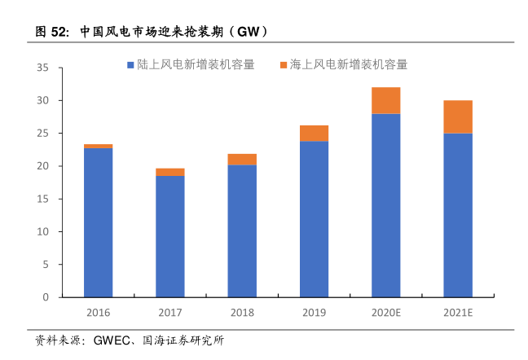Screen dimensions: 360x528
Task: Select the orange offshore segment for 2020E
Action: pos(385,100)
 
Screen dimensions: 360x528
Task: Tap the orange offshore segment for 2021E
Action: pos(457,116)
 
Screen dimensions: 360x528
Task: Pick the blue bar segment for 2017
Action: pos(169,235)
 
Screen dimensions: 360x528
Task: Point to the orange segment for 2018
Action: pos(242,160)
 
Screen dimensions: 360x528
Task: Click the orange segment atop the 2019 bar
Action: pos(314,134)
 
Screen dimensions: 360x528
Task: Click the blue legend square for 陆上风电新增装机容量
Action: pos(130,64)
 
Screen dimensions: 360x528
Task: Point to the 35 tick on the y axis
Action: pos(44,68)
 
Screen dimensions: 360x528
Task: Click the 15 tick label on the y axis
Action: pos(44,199)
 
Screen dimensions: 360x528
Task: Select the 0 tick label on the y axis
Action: pos(46,297)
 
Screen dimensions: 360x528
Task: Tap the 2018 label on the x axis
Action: pos(242,313)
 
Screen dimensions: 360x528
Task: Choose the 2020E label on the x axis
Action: pos(385,313)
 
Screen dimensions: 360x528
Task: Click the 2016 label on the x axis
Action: pos(98,313)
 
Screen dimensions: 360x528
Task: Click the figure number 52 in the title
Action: pos(59,33)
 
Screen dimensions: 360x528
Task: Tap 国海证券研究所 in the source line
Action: pos(183,340)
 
